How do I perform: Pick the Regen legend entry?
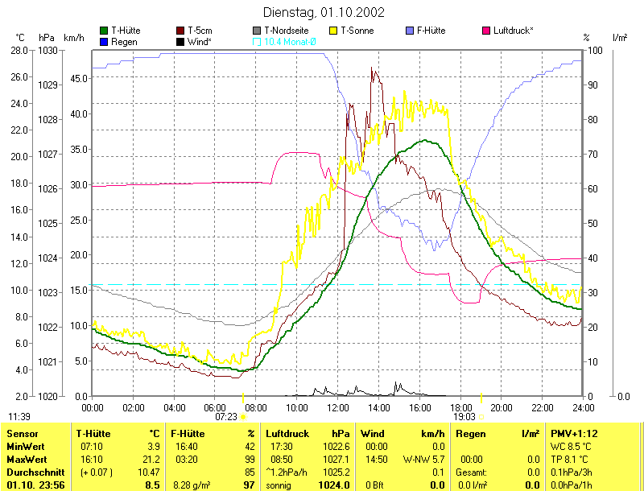point(118,41)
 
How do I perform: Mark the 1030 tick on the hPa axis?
point(48,50)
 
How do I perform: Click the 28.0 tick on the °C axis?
point(20,50)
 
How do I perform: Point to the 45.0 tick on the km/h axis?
point(78,78)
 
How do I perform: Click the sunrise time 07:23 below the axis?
point(226,417)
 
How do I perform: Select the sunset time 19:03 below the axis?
point(464,417)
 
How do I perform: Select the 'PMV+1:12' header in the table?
point(572,433)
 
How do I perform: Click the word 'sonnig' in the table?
point(282,485)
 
